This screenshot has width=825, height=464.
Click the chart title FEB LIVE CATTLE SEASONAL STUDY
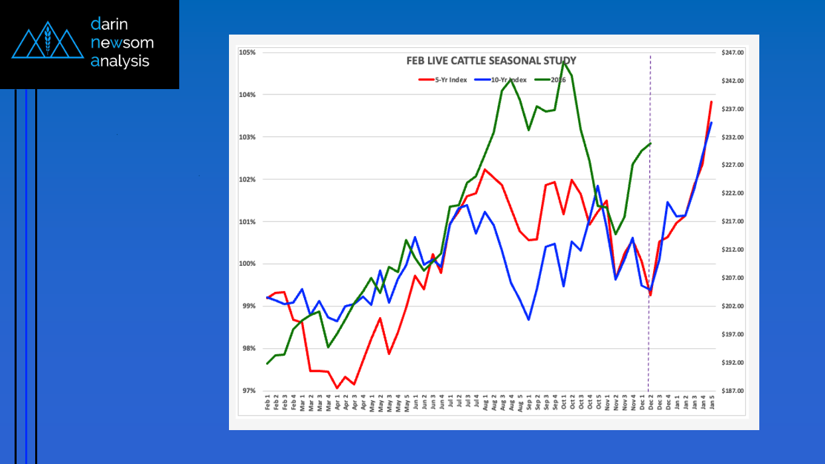pos(491,60)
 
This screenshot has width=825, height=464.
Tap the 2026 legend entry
pos(558,80)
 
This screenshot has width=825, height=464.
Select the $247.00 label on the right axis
pos(732,53)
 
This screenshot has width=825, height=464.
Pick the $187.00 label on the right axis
pos(732,391)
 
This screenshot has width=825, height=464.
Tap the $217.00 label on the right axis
pos(732,221)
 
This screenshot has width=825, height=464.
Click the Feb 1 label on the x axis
pos(267,404)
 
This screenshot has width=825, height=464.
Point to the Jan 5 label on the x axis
pos(712,404)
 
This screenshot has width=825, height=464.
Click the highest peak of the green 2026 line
pos(563,62)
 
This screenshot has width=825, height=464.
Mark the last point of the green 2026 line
pos(651,143)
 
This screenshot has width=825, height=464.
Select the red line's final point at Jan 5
pos(712,102)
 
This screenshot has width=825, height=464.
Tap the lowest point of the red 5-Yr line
pos(337,388)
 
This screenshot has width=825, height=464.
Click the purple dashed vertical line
pos(649,199)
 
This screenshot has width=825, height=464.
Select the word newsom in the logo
pos(123,43)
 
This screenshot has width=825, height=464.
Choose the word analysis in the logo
pos(120,62)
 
